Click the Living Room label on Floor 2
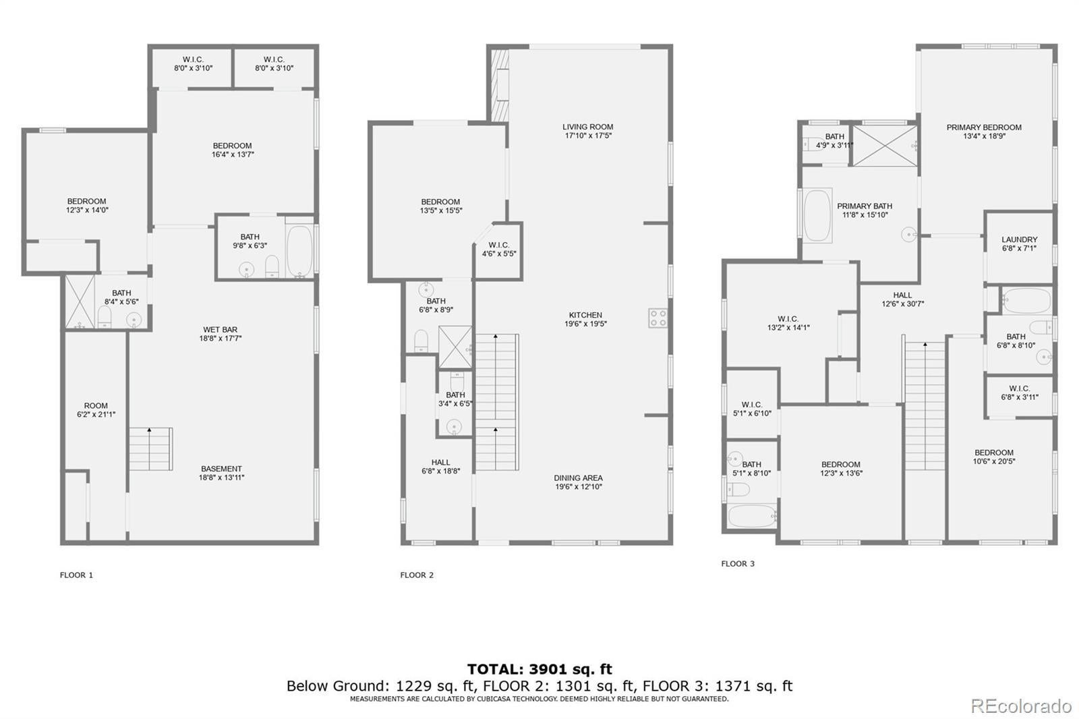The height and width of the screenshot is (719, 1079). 587,127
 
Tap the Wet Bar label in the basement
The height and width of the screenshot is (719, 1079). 221,330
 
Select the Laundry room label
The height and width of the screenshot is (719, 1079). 1019,239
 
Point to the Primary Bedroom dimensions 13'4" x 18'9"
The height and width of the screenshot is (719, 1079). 984,136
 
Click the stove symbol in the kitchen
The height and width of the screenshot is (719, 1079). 658,318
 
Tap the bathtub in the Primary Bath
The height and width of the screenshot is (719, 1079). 817,215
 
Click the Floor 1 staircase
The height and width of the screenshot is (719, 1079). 150,449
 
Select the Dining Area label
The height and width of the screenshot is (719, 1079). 578,478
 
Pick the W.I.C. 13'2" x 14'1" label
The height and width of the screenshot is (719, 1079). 788,323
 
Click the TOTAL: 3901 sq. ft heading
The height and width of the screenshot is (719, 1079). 539,669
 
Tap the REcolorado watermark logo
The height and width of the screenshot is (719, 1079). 1020,706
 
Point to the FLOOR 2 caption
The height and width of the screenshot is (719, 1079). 417,575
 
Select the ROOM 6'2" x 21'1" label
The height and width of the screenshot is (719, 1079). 96,410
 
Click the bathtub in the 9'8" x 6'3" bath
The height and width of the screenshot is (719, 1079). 299,251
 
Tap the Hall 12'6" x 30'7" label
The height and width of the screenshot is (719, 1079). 902,299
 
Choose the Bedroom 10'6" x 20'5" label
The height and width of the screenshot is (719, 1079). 993,457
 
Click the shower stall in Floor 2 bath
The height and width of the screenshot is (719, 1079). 455,347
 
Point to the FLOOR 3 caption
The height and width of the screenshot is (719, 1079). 738,564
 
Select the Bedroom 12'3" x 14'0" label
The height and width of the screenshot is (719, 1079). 86,206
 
